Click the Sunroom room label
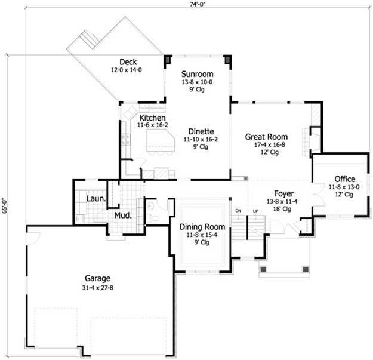point(197,74)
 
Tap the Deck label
point(128,62)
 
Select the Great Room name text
point(266,137)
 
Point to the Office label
point(345,179)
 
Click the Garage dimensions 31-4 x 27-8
point(98,288)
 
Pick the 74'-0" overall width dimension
point(198,5)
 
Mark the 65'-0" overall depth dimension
point(5,205)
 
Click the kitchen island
point(161,140)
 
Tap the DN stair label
point(238,211)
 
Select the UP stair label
point(255,211)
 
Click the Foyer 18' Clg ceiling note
point(282,209)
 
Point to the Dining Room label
point(202,227)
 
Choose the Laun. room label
point(96,199)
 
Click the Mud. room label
point(123,216)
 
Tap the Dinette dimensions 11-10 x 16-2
point(201,140)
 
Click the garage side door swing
point(34,238)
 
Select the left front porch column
point(263,269)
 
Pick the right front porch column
point(306,269)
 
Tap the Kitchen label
point(153,118)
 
